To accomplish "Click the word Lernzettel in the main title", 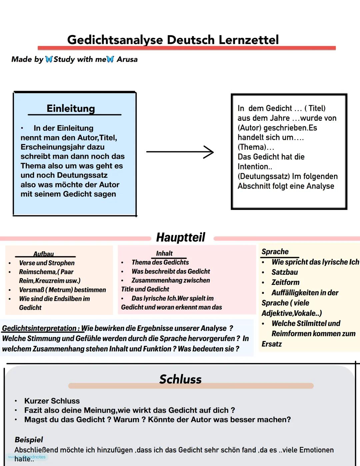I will click(x=248, y=40).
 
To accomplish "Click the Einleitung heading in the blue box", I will click(x=71, y=108).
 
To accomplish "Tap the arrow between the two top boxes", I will click(x=180, y=152).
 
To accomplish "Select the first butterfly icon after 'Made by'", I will click(x=49, y=59).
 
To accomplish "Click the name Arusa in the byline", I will click(x=127, y=59).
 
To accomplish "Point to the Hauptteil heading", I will click(x=181, y=238).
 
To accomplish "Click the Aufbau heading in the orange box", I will click(x=43, y=254).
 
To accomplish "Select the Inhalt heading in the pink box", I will click(x=164, y=254).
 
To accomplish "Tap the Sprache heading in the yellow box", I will click(x=275, y=252).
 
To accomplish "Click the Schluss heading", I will click(x=180, y=379).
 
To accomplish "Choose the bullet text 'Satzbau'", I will click(x=285, y=272).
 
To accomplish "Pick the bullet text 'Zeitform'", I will click(x=285, y=283).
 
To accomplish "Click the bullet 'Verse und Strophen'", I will click(x=47, y=263).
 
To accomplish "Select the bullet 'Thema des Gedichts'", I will click(x=160, y=262).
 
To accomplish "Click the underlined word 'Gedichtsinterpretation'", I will click(x=39, y=328).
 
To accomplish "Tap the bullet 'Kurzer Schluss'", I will click(x=52, y=401).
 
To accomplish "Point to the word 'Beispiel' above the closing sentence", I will click(x=29, y=440).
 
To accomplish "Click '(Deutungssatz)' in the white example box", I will click(x=263, y=176).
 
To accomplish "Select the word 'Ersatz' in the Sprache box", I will click(x=272, y=344).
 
